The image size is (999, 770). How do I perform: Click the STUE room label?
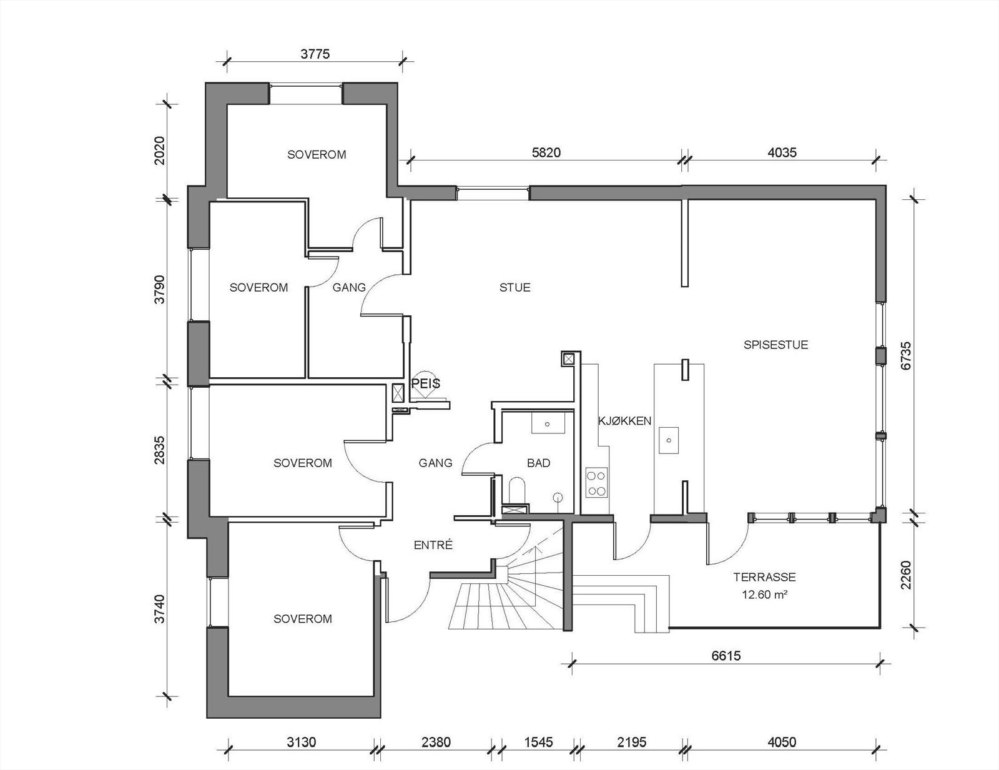pos(514,288)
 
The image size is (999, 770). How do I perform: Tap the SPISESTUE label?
pos(775,345)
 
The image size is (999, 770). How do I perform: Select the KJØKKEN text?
pos(624,421)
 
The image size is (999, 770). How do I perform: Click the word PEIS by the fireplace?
pos(426,383)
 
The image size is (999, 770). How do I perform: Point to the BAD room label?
pos(538,463)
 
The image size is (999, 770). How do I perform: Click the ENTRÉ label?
pos(433,545)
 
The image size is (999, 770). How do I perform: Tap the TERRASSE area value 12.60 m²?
pos(764,595)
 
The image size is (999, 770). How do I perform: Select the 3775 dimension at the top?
pos(315,54)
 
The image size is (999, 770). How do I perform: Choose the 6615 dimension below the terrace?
pos(726,656)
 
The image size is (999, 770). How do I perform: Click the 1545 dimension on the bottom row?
pos(538,743)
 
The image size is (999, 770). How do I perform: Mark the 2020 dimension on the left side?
pos(160,150)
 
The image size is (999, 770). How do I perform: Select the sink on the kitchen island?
pos(669,440)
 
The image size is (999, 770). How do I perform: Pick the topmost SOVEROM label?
pos(316,155)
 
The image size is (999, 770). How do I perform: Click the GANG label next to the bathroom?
pos(435,463)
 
